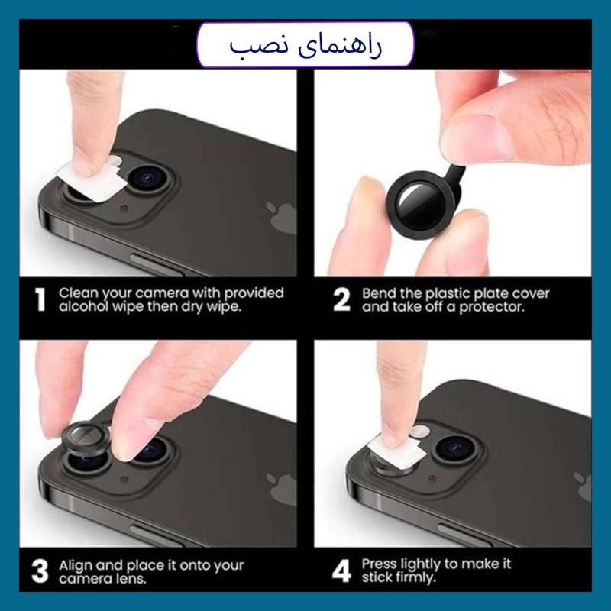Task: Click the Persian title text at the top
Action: pos(305,46)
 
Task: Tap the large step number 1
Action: pos(40,299)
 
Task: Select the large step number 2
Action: pos(341,299)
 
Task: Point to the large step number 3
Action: pos(40,571)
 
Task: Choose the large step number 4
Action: pos(341,571)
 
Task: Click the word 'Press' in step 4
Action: pos(379,564)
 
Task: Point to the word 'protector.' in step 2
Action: pos(491,308)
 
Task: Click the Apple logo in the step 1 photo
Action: pos(281,218)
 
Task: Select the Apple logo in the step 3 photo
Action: pos(281,490)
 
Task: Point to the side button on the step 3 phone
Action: pos(156,536)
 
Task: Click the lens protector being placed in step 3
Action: pos(86,438)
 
